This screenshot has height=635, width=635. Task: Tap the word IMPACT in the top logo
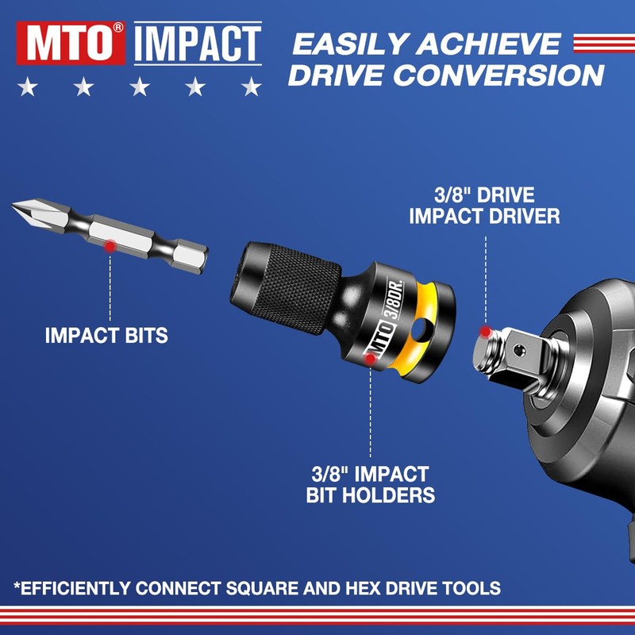(198, 43)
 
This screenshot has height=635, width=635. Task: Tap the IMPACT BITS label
(106, 335)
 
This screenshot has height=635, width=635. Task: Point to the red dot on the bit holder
(369, 359)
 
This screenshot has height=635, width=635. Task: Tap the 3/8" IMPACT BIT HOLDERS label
(370, 485)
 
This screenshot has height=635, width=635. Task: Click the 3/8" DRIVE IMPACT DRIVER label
(484, 206)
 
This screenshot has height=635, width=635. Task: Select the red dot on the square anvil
(485, 329)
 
